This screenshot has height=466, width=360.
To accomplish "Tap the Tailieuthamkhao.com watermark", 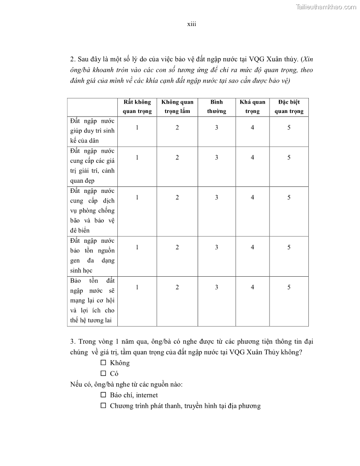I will point(326,7).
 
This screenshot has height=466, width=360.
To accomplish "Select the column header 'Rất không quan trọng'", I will point(137,107).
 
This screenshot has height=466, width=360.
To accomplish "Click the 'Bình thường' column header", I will point(216,107).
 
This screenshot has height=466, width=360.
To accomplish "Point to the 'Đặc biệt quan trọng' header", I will point(289,107).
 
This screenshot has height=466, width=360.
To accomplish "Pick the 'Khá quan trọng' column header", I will point(252,107).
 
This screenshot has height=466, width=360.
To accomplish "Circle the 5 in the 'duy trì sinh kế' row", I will point(289,128).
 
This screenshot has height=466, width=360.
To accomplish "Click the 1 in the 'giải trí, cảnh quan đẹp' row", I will point(137,158).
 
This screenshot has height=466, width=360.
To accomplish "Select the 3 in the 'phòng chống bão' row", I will point(216,197).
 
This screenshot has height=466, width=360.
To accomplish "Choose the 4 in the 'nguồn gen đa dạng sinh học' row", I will point(252,247).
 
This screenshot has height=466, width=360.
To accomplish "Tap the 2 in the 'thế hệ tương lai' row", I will point(177,287).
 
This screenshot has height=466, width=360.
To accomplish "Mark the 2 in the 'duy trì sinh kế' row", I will point(177,128).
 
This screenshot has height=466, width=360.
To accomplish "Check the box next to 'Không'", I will point(104,363).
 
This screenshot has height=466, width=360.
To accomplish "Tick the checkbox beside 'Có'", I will point(104,373).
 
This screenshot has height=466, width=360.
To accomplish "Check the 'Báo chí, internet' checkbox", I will point(104,395).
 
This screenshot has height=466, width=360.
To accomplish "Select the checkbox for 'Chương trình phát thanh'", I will point(104,406).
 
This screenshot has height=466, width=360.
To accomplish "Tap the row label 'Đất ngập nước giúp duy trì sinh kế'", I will point(92,131).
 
